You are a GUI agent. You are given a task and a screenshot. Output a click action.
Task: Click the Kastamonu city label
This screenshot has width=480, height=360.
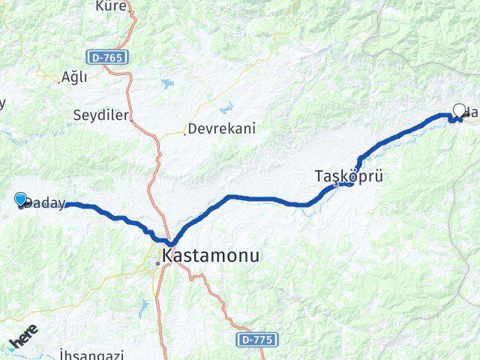[x=211, y=256]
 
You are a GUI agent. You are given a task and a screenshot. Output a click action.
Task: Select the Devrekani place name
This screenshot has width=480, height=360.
[x=222, y=128]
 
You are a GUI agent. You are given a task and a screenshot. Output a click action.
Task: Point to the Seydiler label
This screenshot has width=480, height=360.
[x=102, y=115]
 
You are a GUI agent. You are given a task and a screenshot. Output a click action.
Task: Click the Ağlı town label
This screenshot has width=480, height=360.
[x=75, y=77]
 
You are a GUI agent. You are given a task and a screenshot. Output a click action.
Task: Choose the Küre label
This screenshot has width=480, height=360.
[x=110, y=7]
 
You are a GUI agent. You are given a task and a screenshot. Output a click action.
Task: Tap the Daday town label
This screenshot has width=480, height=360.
[x=46, y=203]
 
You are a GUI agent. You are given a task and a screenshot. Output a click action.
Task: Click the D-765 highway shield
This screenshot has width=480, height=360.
[x=107, y=56]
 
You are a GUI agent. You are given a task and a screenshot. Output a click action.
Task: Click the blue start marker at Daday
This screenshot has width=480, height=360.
[x=21, y=199]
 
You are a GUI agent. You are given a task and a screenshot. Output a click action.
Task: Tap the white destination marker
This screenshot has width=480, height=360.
[x=459, y=111]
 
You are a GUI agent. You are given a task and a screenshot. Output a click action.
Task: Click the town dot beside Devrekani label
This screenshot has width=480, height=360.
[x=184, y=133]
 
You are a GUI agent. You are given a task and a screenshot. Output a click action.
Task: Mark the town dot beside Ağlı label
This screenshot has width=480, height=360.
[x=59, y=78]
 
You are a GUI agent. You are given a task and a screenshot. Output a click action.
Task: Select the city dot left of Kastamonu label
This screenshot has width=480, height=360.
[x=157, y=262]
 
